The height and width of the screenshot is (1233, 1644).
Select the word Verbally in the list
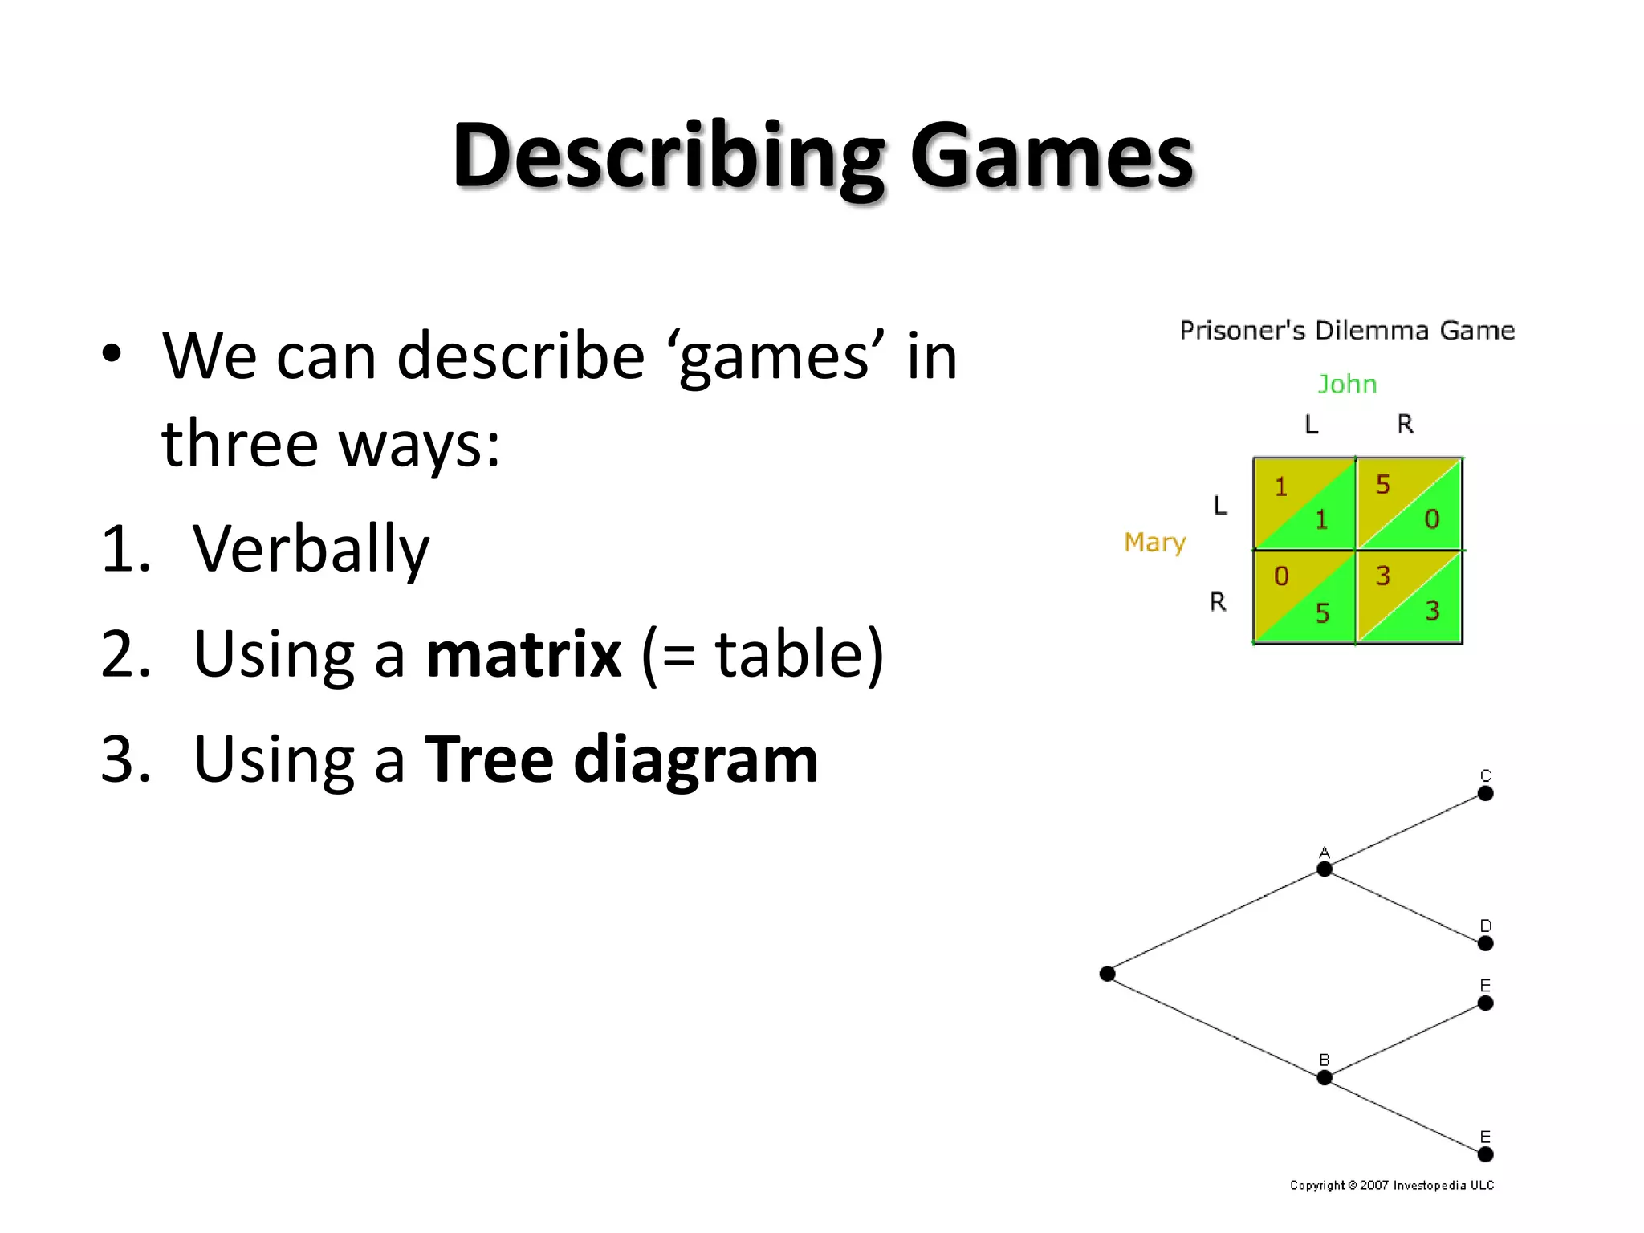coord(311,550)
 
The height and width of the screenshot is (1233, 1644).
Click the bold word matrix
coord(523,654)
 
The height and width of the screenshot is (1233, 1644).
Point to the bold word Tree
coord(489,759)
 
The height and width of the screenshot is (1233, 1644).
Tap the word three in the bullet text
coord(240,443)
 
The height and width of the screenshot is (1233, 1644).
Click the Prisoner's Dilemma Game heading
coord(1347,331)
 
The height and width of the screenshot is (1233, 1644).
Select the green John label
coord(1347,385)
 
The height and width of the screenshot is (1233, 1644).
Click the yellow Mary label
coord(1154,543)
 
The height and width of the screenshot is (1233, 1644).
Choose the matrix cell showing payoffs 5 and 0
coord(1409,503)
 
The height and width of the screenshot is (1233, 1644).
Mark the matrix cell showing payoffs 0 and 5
coord(1304,596)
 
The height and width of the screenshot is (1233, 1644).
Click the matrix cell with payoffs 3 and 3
coord(1409,596)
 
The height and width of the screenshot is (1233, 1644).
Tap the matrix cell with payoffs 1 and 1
coord(1304,503)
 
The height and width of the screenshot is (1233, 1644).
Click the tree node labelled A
coord(1325,869)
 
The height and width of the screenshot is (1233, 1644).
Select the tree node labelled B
coord(1325,1077)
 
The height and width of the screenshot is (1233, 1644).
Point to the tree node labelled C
coord(1485,793)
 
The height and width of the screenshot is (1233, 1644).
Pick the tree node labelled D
coord(1485,943)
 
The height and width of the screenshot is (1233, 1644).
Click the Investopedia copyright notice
coord(1392,1185)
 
